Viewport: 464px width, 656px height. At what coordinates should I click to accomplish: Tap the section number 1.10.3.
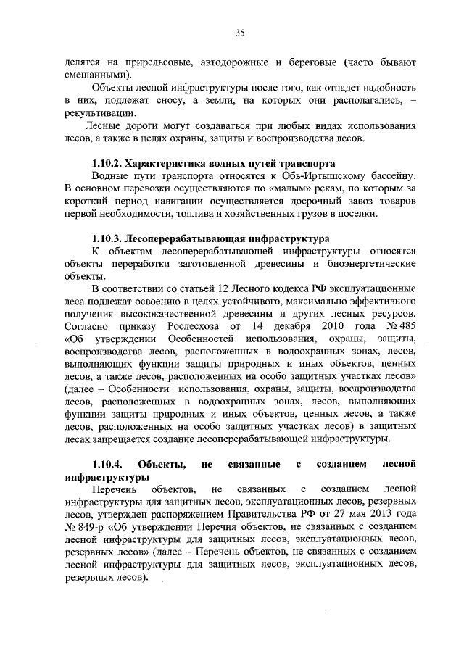109,237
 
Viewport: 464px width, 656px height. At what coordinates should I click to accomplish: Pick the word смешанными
96,75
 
